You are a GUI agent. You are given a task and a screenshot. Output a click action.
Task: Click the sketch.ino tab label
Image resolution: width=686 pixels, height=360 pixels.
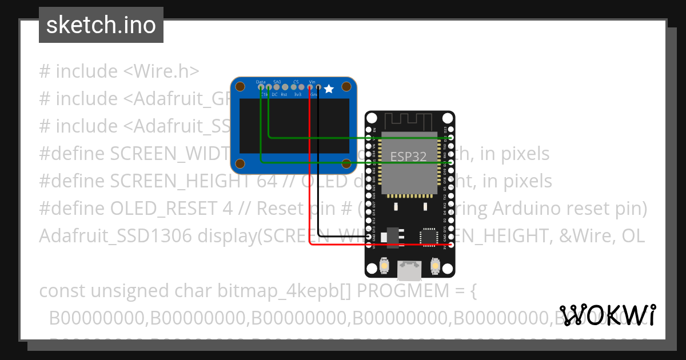[x=101, y=25]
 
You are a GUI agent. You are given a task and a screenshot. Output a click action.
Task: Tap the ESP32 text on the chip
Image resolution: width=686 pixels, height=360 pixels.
[x=408, y=157]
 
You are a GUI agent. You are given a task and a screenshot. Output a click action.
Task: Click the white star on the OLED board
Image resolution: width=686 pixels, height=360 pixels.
[x=329, y=89]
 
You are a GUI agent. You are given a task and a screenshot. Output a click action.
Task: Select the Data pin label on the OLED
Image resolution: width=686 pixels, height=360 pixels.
[x=261, y=82]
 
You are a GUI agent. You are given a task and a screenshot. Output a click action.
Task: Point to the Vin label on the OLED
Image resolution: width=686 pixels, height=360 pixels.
[x=312, y=82]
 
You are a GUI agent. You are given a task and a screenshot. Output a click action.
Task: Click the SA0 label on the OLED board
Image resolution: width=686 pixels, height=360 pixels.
[x=277, y=82]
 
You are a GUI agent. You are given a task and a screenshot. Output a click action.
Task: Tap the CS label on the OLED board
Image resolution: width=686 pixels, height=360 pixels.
[x=296, y=82]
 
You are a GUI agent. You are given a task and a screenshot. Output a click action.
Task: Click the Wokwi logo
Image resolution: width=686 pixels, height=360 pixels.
[x=607, y=315]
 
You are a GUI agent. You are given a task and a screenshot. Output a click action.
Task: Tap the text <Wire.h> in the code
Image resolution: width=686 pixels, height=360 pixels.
[x=161, y=71]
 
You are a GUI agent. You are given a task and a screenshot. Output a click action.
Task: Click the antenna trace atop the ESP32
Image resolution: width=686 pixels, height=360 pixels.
[x=408, y=121]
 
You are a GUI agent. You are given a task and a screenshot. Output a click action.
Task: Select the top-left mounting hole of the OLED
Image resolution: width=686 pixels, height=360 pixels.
[x=241, y=87]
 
